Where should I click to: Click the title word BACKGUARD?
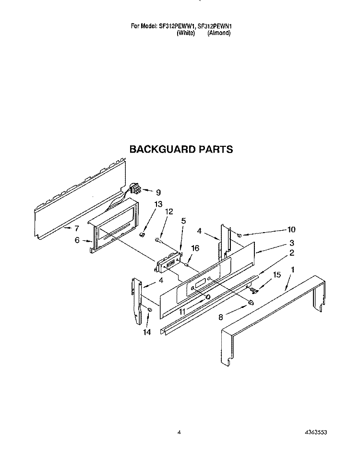[x=163, y=149]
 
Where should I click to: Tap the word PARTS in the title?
[x=216, y=149]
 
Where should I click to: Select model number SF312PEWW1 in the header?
[x=177, y=26]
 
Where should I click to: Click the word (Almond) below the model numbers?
[x=219, y=33]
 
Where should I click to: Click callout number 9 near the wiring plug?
[x=158, y=192]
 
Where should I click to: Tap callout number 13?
[x=158, y=204]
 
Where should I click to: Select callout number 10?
[x=291, y=229]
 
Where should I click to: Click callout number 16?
[x=195, y=248]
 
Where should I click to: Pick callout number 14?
[x=147, y=332]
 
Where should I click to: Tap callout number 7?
[x=77, y=228]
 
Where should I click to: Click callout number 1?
[x=292, y=270]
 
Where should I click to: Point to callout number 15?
[x=276, y=274]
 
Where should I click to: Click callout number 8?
[x=221, y=317]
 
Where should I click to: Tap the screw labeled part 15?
[x=254, y=290]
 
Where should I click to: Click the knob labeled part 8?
[x=251, y=302]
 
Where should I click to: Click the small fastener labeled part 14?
[x=149, y=309]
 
